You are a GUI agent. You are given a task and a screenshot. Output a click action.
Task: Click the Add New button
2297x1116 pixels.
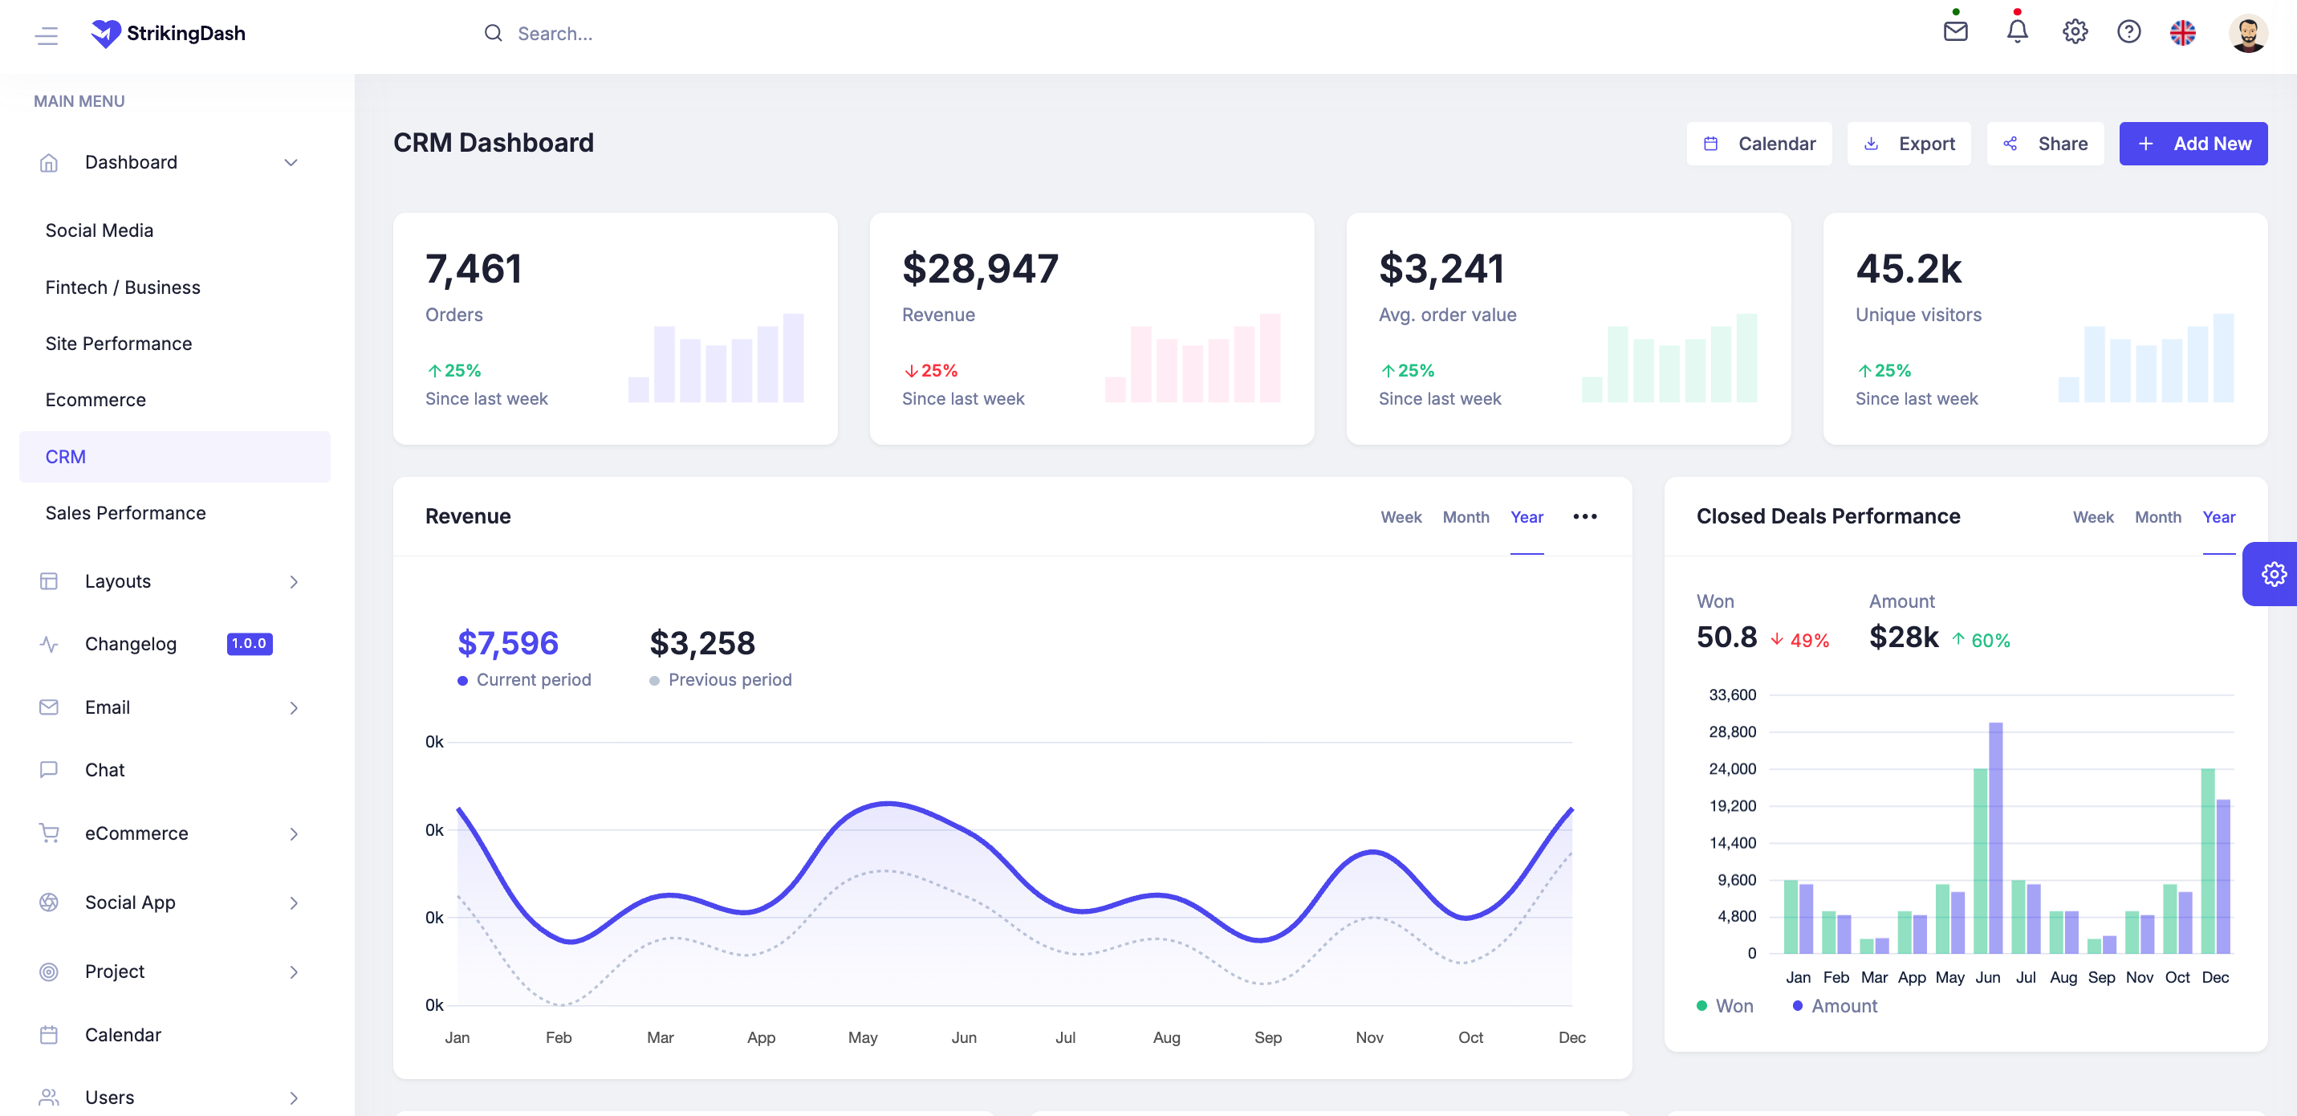[x=2193, y=144]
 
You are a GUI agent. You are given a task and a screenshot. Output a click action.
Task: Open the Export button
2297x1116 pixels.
[x=1909, y=144]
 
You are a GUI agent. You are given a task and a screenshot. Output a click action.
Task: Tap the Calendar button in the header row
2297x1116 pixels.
[x=1758, y=144]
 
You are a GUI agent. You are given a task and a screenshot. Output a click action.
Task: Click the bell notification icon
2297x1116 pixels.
[x=2017, y=32]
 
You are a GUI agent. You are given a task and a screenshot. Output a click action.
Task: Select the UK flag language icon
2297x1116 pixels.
[x=2182, y=33]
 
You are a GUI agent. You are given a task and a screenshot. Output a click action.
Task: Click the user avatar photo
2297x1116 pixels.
[x=2247, y=34]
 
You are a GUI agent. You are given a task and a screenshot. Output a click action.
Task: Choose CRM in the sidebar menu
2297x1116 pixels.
[x=66, y=457]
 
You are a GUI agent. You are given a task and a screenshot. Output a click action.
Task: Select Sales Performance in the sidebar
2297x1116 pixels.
[x=126, y=513]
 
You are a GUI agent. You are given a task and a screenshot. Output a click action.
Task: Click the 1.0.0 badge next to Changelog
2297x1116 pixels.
[x=249, y=643]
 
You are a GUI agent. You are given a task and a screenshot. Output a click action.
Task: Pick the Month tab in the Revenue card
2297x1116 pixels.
[x=1465, y=516]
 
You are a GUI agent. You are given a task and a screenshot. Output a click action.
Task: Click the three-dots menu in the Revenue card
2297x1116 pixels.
[x=1584, y=516]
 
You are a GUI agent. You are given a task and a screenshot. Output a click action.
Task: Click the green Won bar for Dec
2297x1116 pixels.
[x=2207, y=860]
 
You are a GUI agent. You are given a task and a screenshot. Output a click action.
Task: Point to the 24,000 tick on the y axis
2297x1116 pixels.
[x=1732, y=768]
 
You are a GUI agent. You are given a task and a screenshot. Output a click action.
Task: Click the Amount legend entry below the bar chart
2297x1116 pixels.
[x=1843, y=1005]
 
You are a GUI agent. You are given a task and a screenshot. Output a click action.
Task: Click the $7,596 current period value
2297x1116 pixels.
[x=507, y=643]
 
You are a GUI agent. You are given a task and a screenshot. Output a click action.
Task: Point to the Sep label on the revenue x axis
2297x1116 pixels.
[x=1267, y=1037]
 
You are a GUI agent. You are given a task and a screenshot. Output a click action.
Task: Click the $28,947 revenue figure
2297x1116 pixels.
[x=980, y=268]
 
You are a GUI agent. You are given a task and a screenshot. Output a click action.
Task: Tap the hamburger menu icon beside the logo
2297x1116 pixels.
[x=47, y=35]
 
